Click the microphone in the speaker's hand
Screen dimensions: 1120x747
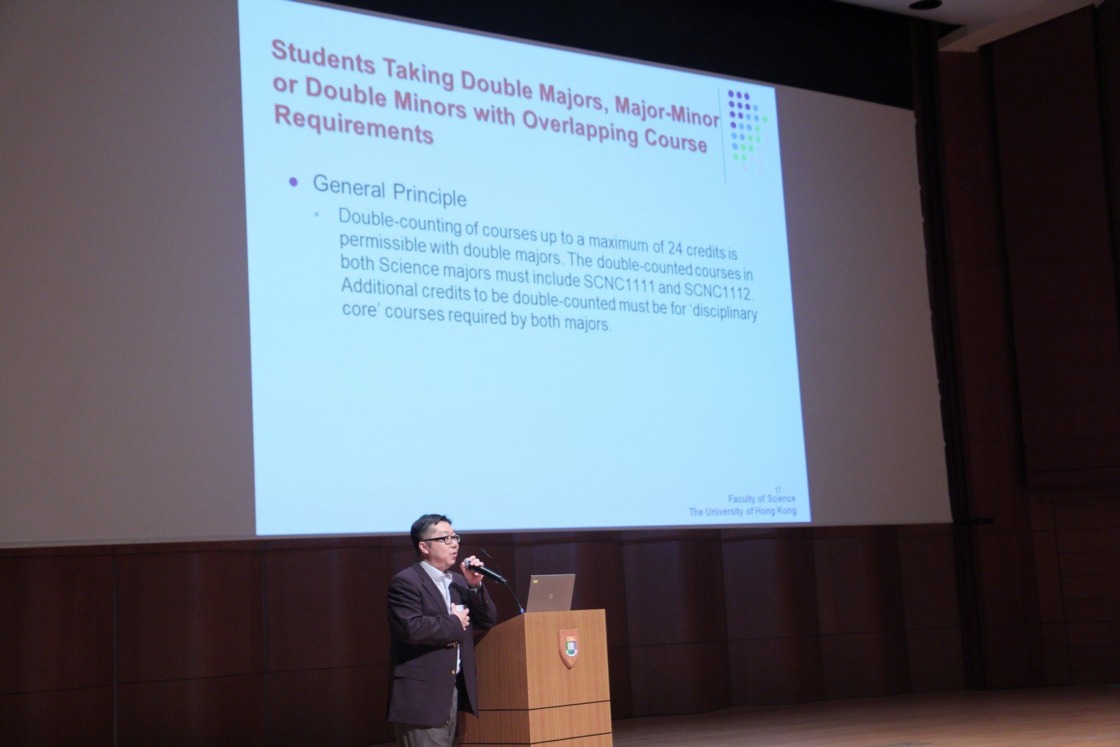pos(484,571)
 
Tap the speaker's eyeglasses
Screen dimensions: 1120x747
pos(442,540)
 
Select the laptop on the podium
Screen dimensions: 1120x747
pos(550,593)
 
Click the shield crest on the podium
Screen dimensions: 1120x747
pos(568,648)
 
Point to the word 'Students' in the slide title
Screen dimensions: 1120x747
pos(323,58)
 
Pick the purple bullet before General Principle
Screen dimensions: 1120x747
pos(293,182)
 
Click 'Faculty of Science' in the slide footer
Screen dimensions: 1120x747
pos(761,499)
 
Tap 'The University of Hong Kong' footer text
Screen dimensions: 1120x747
pos(742,511)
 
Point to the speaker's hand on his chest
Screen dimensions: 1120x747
pos(460,616)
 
